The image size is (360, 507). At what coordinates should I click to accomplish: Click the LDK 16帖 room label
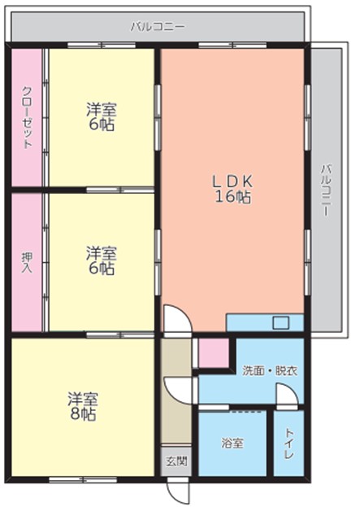point(232,189)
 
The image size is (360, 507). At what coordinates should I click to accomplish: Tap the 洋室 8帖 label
point(83,406)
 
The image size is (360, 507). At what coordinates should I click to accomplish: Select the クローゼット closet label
point(27,117)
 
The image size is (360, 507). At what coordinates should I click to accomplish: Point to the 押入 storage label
point(27,262)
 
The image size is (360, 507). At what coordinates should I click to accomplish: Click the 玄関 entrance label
point(176,461)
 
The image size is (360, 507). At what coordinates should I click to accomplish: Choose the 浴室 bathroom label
point(232,443)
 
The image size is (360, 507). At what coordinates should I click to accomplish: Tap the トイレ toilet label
point(289,443)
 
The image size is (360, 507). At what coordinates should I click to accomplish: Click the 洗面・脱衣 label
point(270,371)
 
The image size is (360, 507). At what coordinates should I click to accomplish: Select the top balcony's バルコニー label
point(158,27)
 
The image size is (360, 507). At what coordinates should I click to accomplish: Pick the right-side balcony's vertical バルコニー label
point(326,190)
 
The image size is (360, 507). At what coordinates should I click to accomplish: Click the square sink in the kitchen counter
point(280,323)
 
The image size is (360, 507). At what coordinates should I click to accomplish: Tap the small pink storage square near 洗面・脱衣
point(214,352)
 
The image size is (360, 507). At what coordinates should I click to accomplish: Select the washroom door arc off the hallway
point(177,391)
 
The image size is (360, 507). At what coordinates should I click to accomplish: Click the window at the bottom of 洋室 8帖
point(83,479)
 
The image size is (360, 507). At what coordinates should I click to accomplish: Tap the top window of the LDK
point(232,45)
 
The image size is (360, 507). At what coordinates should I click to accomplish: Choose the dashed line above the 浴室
point(245,411)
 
